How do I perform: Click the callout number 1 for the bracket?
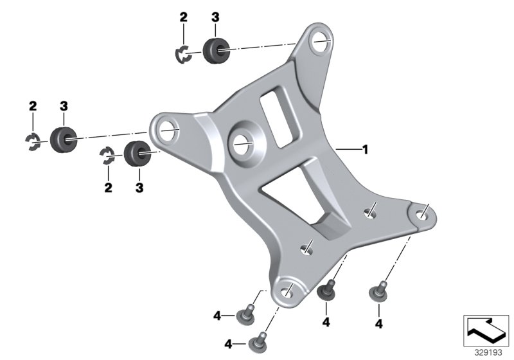coord(365,150)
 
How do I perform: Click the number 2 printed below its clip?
coord(108,188)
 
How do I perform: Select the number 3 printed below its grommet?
coord(139,188)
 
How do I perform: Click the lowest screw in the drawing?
coord(258,338)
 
